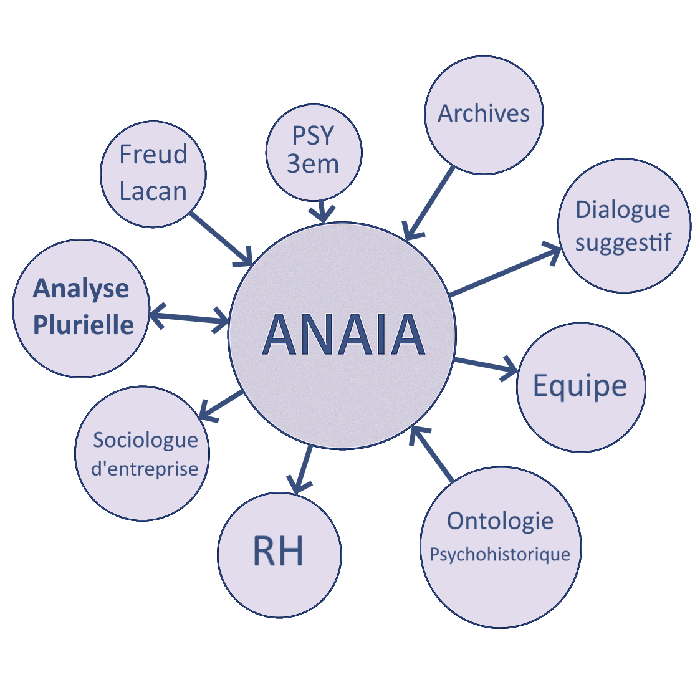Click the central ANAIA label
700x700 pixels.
(x=343, y=335)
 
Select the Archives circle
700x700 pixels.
(x=484, y=115)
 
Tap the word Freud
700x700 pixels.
(x=153, y=155)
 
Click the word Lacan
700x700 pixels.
(x=153, y=192)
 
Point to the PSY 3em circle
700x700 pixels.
(x=314, y=151)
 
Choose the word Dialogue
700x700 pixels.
(x=623, y=209)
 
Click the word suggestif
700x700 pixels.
(x=623, y=242)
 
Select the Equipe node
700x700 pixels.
(x=580, y=386)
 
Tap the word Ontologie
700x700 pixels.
(x=500, y=520)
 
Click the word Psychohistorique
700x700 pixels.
(x=500, y=554)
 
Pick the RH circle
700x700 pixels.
(x=279, y=554)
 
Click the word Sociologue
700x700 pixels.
(x=145, y=440)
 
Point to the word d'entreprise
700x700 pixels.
(x=145, y=469)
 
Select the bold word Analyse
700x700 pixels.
(x=81, y=289)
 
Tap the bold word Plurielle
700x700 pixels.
(x=83, y=325)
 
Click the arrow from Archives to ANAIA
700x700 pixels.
(x=430, y=203)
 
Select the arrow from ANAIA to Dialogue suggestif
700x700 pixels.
(x=505, y=271)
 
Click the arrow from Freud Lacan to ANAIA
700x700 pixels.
(x=221, y=239)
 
